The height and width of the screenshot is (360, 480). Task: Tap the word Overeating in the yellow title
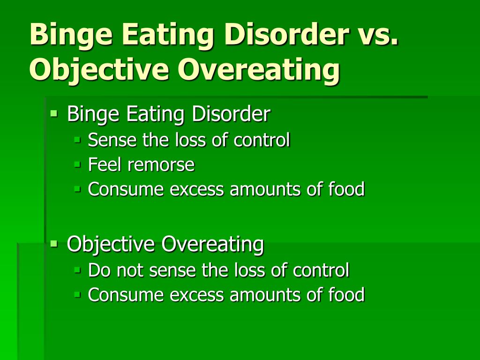[x=259, y=69]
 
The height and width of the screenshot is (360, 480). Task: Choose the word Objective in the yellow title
[x=99, y=69]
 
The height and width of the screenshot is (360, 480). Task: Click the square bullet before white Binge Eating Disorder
[x=54, y=113]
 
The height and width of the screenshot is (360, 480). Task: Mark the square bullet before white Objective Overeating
[x=54, y=244]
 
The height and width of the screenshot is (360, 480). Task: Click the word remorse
[x=161, y=165]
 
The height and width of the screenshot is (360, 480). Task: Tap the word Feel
[x=105, y=164]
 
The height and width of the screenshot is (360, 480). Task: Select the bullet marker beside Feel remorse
[x=77, y=165]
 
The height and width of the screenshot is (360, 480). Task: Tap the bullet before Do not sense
[x=77, y=270]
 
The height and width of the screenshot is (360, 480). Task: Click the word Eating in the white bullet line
[x=155, y=114]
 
